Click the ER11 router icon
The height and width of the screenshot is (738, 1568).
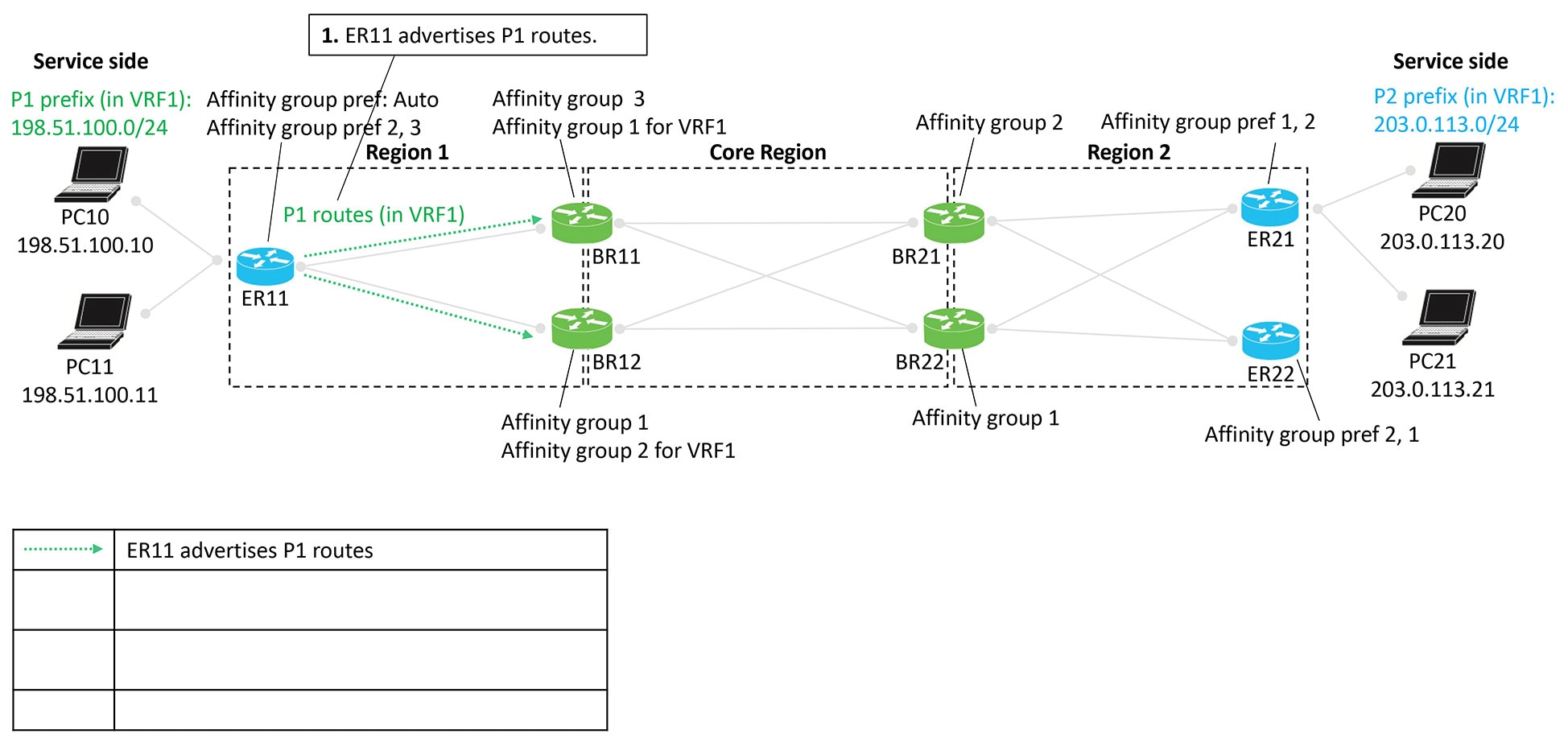point(266,266)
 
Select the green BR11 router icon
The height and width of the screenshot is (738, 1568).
point(582,223)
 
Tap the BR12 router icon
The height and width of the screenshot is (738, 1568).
point(582,328)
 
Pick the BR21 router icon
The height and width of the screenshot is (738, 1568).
point(954,223)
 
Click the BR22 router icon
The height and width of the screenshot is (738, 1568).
point(954,328)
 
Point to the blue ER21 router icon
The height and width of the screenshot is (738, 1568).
point(1269,207)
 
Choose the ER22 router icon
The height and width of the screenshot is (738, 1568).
point(1270,340)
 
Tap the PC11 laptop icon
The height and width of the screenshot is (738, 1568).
point(95,322)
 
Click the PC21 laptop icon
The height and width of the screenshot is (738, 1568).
point(1439,317)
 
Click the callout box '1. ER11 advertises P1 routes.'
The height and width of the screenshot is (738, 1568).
point(477,35)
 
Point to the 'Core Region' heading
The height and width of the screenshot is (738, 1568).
point(767,152)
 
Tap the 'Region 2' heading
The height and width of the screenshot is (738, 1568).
point(1128,152)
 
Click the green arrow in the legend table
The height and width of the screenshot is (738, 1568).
point(64,550)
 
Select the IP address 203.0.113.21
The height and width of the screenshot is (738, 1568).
point(1432,390)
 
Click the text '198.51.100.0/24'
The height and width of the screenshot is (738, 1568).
point(89,127)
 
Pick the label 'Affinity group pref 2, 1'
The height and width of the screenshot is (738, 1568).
point(1311,435)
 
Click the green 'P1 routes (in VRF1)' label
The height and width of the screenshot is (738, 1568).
point(373,215)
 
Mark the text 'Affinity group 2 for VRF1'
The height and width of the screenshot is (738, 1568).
point(617,451)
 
